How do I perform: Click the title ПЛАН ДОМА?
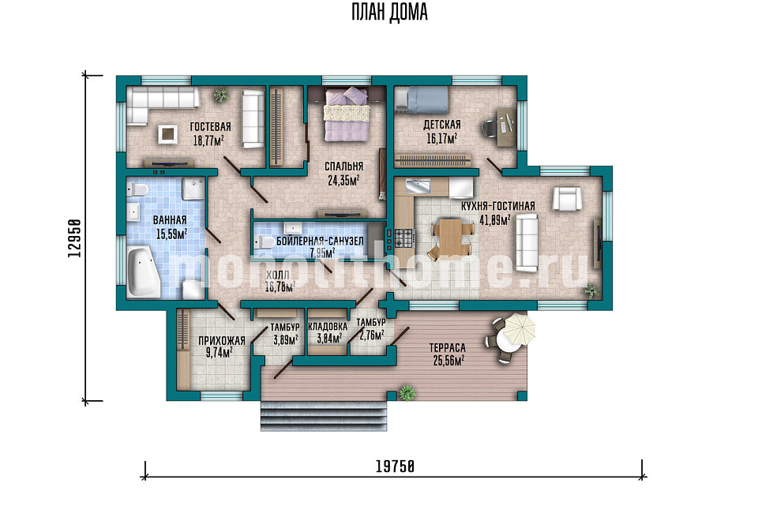click(x=389, y=13)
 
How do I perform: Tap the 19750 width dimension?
click(x=395, y=466)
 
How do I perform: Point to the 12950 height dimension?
click(x=74, y=238)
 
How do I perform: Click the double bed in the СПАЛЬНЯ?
click(x=346, y=114)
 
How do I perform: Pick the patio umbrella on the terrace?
click(x=520, y=329)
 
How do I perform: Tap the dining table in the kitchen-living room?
click(x=450, y=239)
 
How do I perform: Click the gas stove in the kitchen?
click(x=405, y=238)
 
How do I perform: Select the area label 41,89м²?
click(x=494, y=220)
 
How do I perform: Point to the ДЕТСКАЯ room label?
click(x=442, y=125)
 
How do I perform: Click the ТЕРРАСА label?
click(x=447, y=348)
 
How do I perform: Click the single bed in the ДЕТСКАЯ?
click(x=422, y=99)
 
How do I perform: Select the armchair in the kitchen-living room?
click(x=567, y=199)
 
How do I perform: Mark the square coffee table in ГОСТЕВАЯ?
click(x=167, y=134)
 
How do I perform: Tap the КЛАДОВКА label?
click(x=327, y=327)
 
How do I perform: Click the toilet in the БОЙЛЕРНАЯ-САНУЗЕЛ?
click(x=265, y=242)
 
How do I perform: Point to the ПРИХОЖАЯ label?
click(x=222, y=341)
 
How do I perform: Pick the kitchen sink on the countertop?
click(x=418, y=185)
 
